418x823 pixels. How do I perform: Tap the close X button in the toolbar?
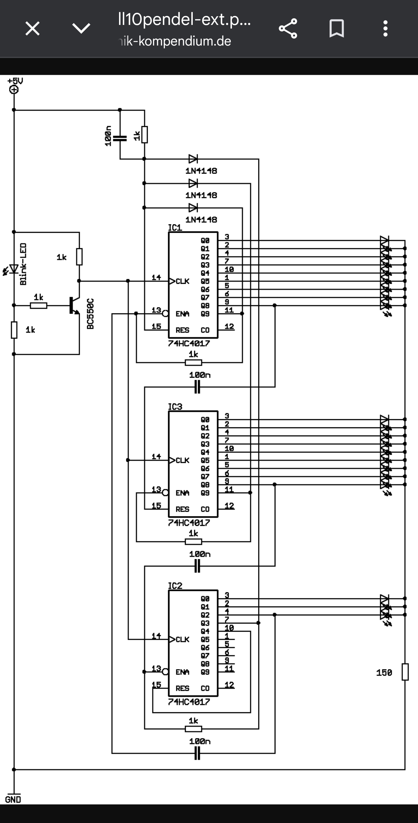point(32,28)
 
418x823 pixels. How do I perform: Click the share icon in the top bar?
point(288,28)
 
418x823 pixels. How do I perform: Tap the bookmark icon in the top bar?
point(336,28)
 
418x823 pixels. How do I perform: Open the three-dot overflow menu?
point(385,28)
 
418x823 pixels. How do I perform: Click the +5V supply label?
point(15,81)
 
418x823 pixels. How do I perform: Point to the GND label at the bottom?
point(13,799)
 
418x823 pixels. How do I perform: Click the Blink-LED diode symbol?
point(13,269)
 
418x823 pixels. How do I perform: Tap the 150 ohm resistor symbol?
point(405,672)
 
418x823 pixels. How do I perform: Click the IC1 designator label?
point(175,228)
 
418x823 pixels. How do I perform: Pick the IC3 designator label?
point(175,406)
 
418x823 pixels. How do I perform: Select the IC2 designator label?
point(175,585)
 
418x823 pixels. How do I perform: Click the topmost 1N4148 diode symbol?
point(193,159)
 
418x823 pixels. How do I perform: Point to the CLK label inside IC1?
point(182,281)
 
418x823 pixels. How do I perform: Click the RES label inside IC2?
point(182,688)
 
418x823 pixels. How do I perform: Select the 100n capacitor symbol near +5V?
point(120,138)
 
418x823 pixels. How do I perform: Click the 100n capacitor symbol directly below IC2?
point(197,753)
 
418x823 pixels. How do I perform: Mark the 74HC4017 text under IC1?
point(189,344)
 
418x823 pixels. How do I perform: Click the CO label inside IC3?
point(205,509)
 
